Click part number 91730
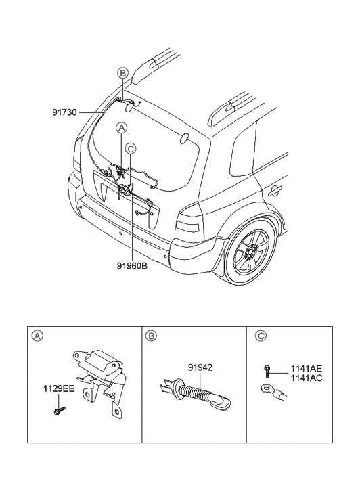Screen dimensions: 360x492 [64, 112]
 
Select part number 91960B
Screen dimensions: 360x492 [132, 266]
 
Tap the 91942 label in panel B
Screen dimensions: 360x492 [200, 367]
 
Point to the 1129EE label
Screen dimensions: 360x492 [59, 389]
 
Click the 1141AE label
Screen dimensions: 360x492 [307, 369]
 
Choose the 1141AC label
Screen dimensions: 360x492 [307, 378]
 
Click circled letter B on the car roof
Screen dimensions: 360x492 [122, 73]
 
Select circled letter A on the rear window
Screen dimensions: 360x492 [121, 127]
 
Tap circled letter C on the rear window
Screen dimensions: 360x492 [130, 148]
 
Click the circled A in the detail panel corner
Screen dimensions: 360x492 [37, 336]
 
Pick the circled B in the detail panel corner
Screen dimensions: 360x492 [151, 336]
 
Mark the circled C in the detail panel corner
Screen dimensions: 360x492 [261, 336]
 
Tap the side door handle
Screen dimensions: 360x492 [275, 190]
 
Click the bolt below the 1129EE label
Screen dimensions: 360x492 [60, 410]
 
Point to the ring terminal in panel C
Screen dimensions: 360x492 [273, 393]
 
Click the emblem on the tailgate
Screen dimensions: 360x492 [125, 190]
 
